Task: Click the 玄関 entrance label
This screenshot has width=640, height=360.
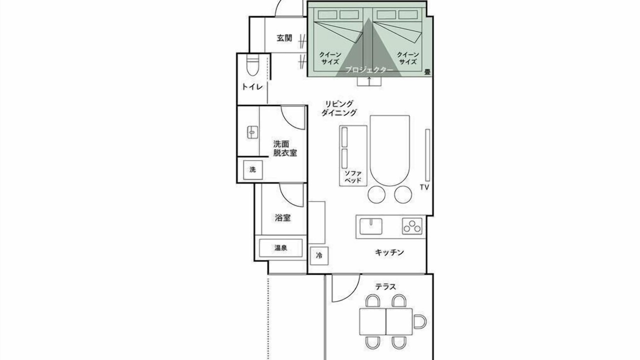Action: pyautogui.click(x=284, y=38)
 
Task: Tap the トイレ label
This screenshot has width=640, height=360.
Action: pyautogui.click(x=252, y=87)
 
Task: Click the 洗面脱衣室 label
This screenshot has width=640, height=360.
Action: pyautogui.click(x=285, y=148)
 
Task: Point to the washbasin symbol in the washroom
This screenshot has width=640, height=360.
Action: pyautogui.click(x=252, y=132)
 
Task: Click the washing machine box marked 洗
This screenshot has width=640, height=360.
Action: pyautogui.click(x=253, y=169)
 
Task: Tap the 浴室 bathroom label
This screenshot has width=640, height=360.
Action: pyautogui.click(x=283, y=218)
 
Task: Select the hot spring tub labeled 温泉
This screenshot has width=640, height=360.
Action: pyautogui.click(x=280, y=248)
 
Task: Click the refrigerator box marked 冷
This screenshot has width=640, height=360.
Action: pyautogui.click(x=319, y=255)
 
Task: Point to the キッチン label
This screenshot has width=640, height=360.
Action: pyautogui.click(x=389, y=252)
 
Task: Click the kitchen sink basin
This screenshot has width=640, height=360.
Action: pyautogui.click(x=371, y=226)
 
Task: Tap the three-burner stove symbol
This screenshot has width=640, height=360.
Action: pyautogui.click(x=412, y=226)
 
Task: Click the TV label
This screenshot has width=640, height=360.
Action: pyautogui.click(x=424, y=187)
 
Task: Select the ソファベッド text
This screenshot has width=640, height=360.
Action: pyautogui.click(x=353, y=177)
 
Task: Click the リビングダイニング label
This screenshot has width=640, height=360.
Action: pyautogui.click(x=339, y=108)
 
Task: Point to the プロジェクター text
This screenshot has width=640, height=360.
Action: pyautogui.click(x=369, y=70)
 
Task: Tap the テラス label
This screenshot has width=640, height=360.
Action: pyautogui.click(x=385, y=286)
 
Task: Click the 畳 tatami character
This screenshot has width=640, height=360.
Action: pyautogui.click(x=427, y=72)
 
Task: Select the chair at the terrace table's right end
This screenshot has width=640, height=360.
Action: pyautogui.click(x=419, y=322)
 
